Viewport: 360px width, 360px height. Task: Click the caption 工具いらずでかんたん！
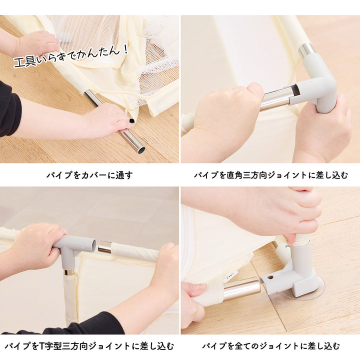pos(71,55)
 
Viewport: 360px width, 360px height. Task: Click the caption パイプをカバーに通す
pos(89,175)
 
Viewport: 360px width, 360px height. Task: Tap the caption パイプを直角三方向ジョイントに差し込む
pos(270,175)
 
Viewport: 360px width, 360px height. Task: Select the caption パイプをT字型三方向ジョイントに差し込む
pos(89,345)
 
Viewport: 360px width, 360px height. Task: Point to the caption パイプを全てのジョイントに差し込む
pos(270,345)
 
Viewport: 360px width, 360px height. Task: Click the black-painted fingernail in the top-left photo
pos(131,121)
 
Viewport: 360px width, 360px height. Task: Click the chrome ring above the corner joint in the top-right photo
pos(306,50)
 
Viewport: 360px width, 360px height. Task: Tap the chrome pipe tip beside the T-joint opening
pos(104,247)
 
